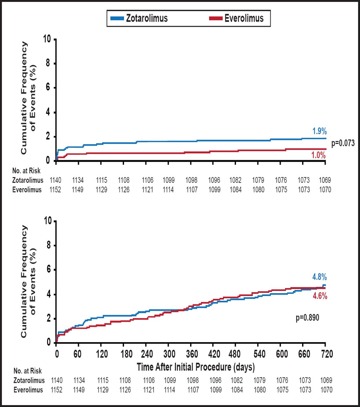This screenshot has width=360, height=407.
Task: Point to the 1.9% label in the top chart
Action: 319,131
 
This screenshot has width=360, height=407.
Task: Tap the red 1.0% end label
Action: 319,155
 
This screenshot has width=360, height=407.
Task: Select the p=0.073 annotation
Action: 343,143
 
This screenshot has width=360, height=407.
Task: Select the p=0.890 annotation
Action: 307,317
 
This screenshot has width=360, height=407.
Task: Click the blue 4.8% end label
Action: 319,277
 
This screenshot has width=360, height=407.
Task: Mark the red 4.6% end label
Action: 320,296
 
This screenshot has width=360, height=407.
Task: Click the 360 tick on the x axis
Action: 192,354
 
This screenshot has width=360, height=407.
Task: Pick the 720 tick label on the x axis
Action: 327,354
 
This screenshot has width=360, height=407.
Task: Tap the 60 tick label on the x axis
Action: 77,354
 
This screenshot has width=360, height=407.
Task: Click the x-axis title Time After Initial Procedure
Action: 196,367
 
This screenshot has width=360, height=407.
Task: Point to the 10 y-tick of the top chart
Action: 47,39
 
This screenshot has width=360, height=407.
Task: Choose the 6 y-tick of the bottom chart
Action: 48,270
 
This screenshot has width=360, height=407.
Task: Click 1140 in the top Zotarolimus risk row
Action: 55,180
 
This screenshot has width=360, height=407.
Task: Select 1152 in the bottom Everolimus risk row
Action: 57,390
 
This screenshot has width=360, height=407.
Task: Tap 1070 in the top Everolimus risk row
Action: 325,190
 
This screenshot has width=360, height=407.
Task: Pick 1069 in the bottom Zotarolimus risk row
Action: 326,380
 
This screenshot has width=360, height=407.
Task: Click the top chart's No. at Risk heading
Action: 26,171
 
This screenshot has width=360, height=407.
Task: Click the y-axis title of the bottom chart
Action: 28,281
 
